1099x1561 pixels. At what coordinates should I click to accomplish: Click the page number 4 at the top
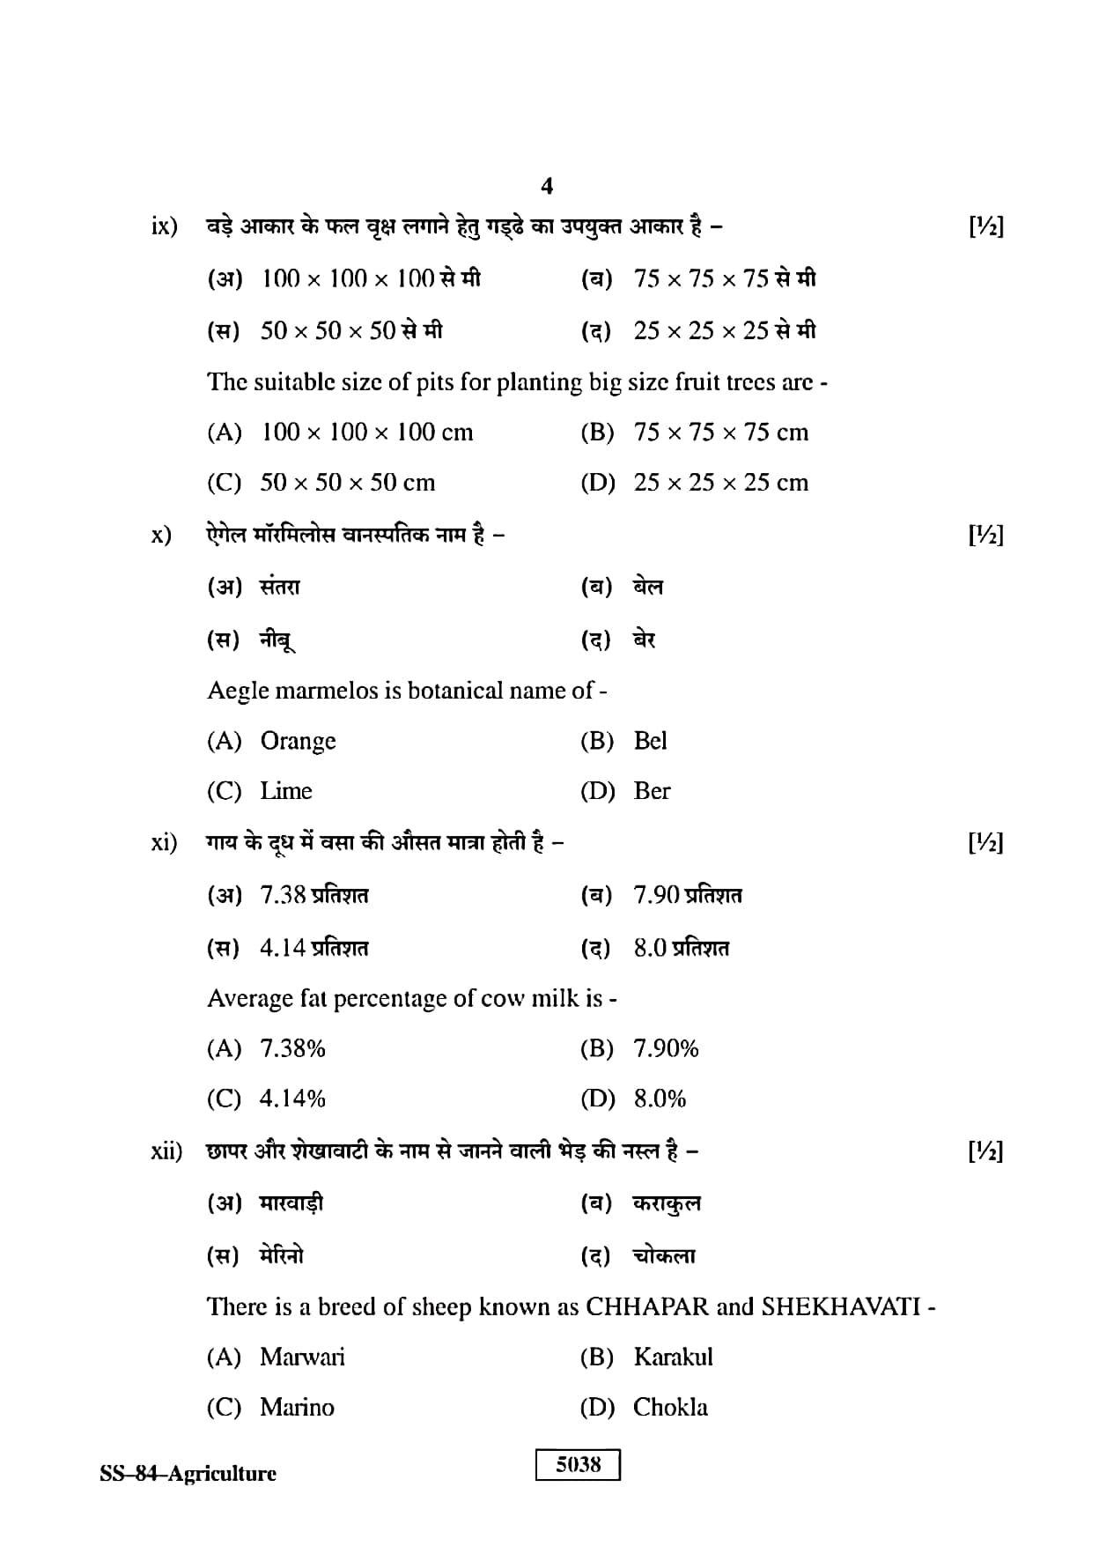coord(547,186)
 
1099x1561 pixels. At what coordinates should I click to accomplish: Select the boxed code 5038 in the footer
coord(578,1464)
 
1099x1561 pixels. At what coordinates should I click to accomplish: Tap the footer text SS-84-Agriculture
coord(188,1473)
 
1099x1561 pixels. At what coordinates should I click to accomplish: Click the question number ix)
coord(164,226)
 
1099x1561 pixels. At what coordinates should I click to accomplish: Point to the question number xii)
coord(166,1150)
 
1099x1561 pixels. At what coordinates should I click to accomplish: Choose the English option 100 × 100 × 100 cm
coord(366,432)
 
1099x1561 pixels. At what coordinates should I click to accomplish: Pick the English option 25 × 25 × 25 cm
coord(720,482)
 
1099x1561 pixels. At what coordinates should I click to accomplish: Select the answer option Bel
coord(650,740)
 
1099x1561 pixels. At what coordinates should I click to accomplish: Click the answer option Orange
coord(298,741)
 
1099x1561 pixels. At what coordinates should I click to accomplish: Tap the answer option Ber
coord(652,790)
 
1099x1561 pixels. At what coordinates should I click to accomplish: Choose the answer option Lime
coord(286,790)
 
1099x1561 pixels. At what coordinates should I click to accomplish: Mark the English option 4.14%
coord(292,1099)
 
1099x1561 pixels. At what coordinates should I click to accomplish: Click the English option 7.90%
coord(666,1048)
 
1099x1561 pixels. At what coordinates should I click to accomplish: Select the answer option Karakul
coord(673,1357)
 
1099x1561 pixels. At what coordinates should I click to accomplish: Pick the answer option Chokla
coord(670,1407)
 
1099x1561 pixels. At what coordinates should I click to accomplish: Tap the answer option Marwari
coord(302,1357)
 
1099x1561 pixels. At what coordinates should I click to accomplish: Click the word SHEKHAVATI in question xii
coord(840,1306)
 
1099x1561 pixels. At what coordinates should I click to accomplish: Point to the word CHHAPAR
coord(646,1306)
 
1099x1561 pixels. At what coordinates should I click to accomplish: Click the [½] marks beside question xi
coord(985,843)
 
